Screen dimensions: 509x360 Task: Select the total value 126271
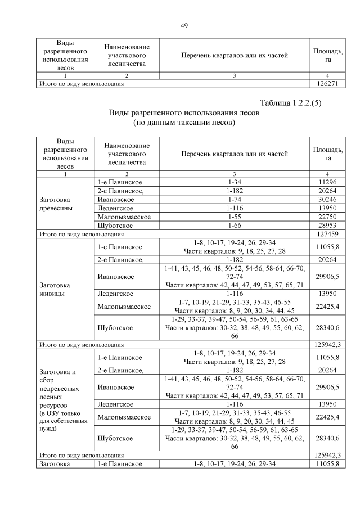[327, 84]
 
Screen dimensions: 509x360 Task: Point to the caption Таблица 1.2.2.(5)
[290, 103]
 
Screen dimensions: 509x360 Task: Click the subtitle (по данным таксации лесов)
[183, 121]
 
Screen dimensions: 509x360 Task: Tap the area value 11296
[327, 182]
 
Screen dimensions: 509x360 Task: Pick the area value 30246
[327, 199]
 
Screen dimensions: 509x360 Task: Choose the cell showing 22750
[327, 216]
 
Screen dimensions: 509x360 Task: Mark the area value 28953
[327, 224]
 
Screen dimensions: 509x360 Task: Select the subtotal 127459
[327, 233]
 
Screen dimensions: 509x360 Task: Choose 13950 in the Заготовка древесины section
[327, 208]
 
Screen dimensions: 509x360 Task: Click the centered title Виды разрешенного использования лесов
[183, 112]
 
